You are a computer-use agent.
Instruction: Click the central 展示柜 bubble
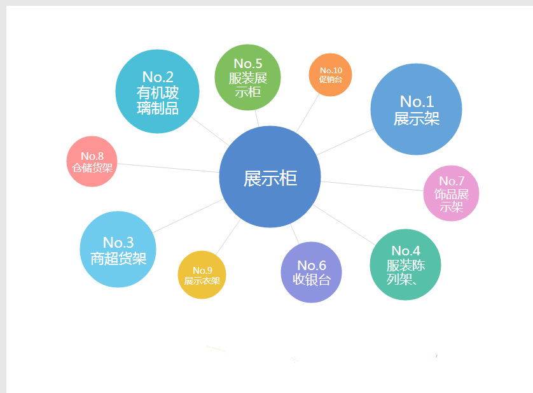(270, 177)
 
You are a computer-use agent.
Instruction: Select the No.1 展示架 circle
(416, 109)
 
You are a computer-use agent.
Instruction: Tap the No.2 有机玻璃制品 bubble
(157, 91)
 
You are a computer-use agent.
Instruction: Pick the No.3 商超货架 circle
(118, 249)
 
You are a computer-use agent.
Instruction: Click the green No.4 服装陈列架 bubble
(405, 264)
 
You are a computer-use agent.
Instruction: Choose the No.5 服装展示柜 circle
(247, 78)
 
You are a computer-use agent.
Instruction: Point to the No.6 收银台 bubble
(311, 272)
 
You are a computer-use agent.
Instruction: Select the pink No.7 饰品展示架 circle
(451, 193)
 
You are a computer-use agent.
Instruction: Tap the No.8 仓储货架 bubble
(92, 161)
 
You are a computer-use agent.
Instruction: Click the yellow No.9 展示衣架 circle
(202, 275)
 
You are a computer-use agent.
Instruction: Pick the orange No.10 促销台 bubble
(330, 75)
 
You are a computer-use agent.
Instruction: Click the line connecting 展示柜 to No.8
(169, 168)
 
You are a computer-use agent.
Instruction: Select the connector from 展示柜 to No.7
(372, 185)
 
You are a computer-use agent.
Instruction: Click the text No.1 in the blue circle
(417, 101)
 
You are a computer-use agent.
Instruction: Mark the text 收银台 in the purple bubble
(311, 280)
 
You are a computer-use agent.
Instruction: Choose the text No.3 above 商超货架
(118, 242)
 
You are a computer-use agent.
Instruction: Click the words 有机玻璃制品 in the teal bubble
(158, 101)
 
